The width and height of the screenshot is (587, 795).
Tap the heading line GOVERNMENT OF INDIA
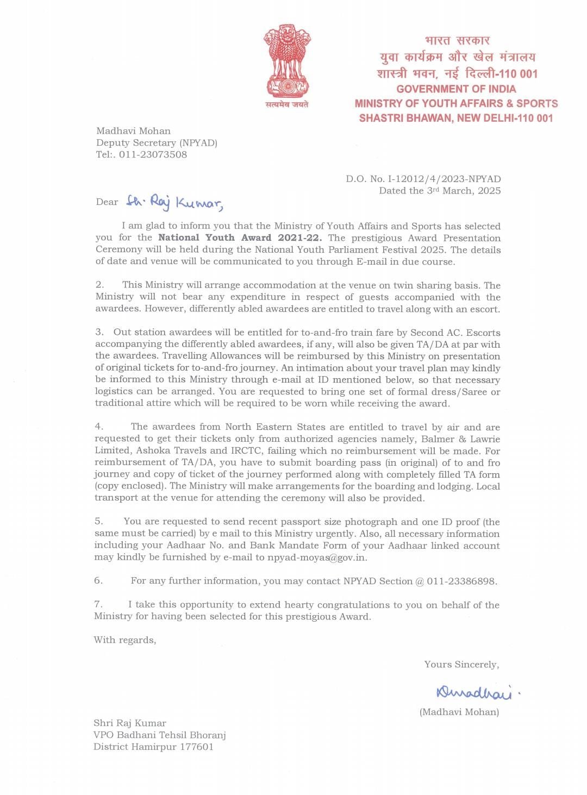point(456,89)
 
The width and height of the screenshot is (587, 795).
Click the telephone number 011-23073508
point(153,154)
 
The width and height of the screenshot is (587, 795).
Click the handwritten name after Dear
point(174,202)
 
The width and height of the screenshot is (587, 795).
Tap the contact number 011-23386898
point(461,581)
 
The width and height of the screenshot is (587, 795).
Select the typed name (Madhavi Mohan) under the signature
point(459,712)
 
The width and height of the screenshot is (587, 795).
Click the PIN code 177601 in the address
point(197,747)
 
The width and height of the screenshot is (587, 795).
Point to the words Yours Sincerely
point(461,664)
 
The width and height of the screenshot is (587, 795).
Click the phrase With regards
point(125,640)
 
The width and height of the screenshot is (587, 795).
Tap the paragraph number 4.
point(99,427)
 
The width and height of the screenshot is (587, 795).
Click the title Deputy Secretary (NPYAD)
point(157,143)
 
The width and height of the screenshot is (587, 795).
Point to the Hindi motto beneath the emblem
point(287,104)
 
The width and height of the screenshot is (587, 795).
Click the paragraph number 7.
point(98,604)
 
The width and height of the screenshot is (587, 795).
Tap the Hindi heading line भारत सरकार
point(457,40)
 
